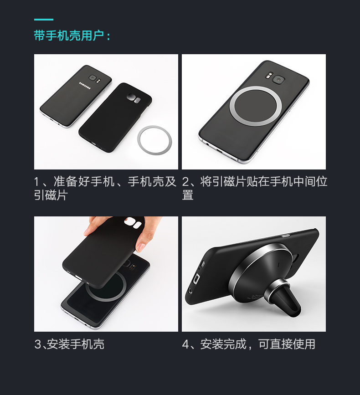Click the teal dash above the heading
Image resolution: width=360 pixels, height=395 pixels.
tap(43, 20)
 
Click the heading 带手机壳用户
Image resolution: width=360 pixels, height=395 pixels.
tap(69, 36)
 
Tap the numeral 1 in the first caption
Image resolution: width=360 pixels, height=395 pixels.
tap(37, 182)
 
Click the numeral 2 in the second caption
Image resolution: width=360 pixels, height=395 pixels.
tap(185, 182)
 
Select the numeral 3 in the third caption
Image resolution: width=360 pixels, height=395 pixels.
tap(37, 344)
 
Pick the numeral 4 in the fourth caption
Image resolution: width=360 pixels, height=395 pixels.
tap(185, 344)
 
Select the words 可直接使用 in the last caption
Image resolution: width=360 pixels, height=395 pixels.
tap(287, 344)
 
